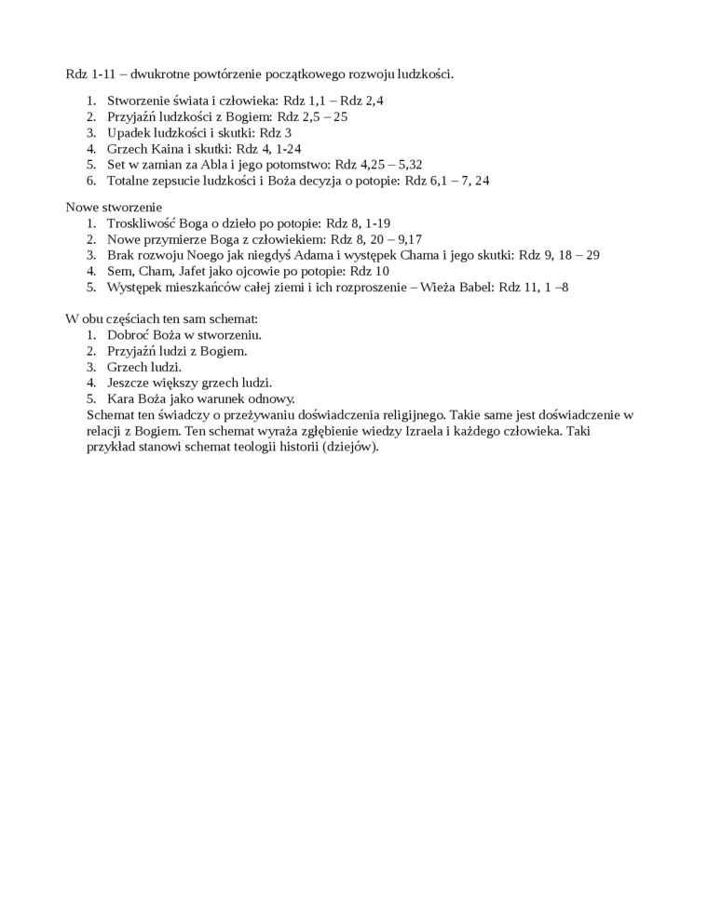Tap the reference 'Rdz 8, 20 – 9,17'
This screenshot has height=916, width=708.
(370, 239)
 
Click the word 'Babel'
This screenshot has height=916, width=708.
(475, 287)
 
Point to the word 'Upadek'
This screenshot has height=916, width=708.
(129, 132)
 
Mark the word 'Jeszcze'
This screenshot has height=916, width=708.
(130, 383)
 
